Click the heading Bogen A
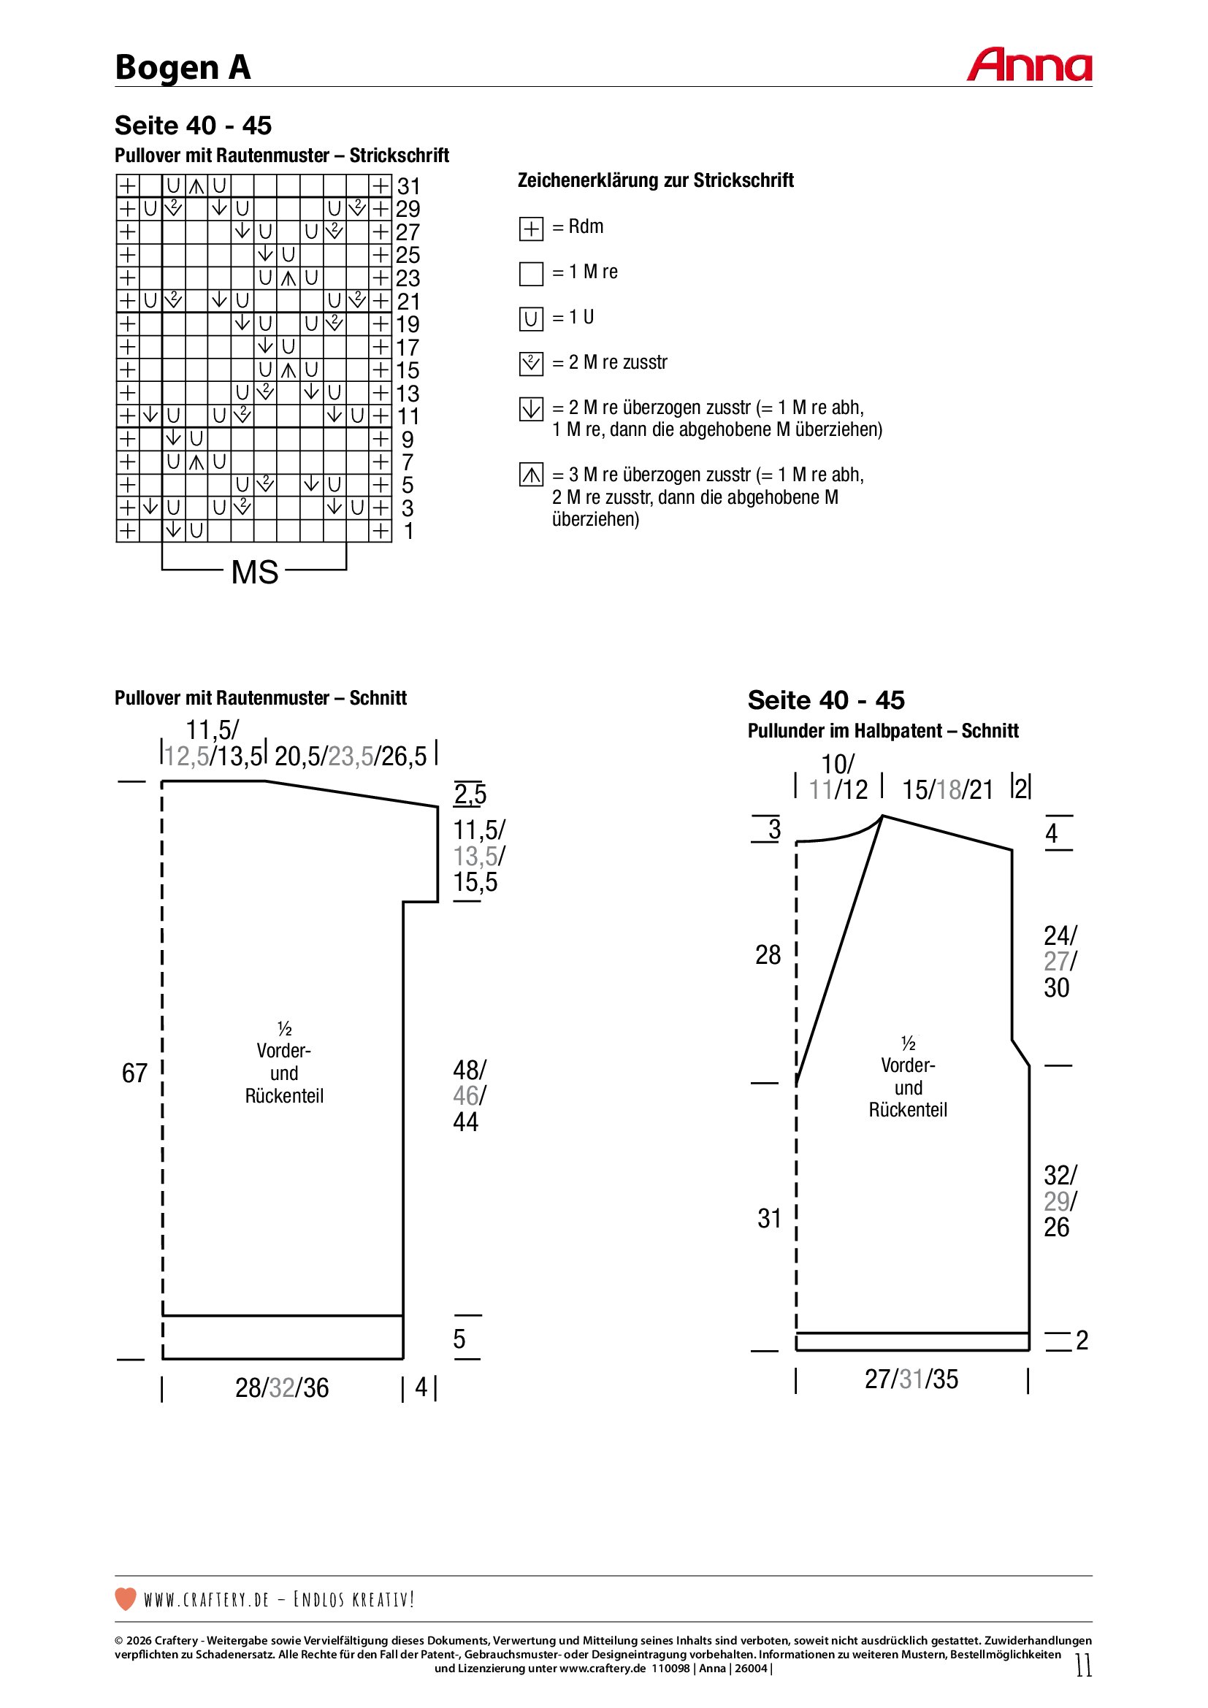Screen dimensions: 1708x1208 pos(183,68)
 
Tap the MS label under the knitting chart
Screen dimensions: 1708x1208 pos(254,572)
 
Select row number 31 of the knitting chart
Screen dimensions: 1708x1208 pos(408,186)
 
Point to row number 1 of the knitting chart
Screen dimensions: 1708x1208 pos(408,531)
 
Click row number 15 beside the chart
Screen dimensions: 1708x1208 pos(408,370)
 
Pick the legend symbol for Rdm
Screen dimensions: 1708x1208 pos(531,229)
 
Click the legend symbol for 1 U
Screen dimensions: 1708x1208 pos(531,319)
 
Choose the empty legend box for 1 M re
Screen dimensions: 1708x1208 pos(531,274)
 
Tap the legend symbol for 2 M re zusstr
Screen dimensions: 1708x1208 pos(531,364)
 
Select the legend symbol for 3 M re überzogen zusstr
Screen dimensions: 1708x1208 pos(531,475)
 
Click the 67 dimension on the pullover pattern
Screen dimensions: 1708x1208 pos(134,1073)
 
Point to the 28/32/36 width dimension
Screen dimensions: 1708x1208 pos(282,1387)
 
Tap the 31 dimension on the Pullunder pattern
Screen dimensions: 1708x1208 pos(769,1218)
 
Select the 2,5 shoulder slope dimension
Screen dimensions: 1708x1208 pos(470,794)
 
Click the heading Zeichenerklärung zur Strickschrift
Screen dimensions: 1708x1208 pos(655,180)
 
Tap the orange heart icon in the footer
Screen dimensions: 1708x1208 pos(126,1598)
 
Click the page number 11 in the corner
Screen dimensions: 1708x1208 pos(1083,1665)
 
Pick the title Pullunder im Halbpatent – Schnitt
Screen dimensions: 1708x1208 pos(883,730)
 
